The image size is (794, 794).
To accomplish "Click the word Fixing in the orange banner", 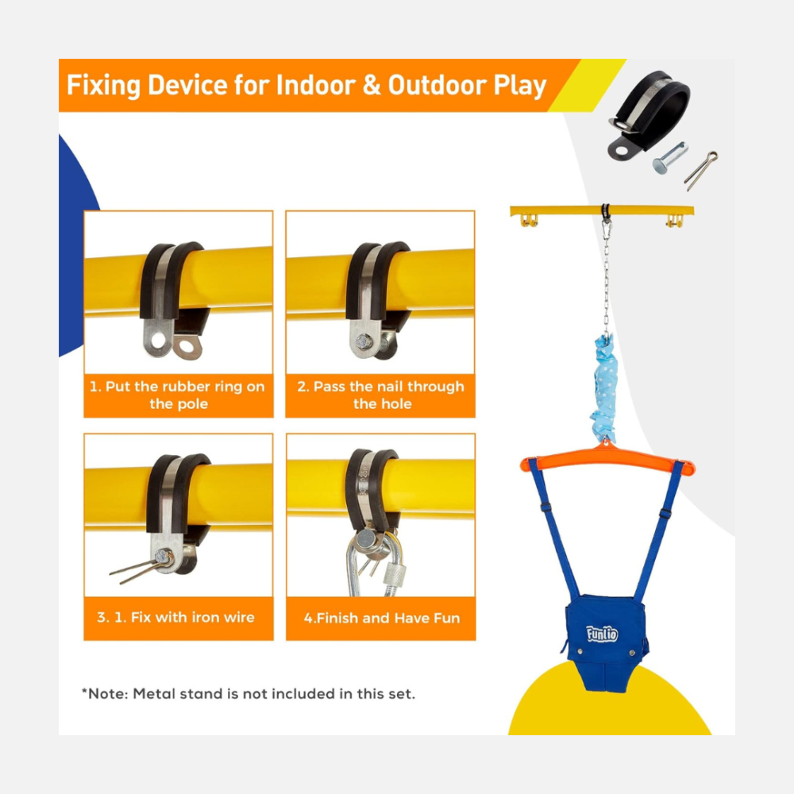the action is (103, 85).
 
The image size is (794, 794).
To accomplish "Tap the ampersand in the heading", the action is (371, 85).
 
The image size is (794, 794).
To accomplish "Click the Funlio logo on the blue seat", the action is (602, 634).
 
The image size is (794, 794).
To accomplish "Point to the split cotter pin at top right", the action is (701, 171).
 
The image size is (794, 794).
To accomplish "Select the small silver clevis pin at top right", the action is (670, 157).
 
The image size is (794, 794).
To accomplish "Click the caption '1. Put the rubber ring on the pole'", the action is (178, 395).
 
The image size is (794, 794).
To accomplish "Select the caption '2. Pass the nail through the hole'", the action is (381, 395).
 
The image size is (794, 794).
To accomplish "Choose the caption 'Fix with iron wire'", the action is (192, 617).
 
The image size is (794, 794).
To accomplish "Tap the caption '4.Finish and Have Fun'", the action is (381, 618).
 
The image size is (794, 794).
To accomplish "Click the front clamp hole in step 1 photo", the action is (158, 341).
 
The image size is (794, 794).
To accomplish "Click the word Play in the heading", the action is (520, 85).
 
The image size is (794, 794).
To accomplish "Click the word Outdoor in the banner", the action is (437, 85).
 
